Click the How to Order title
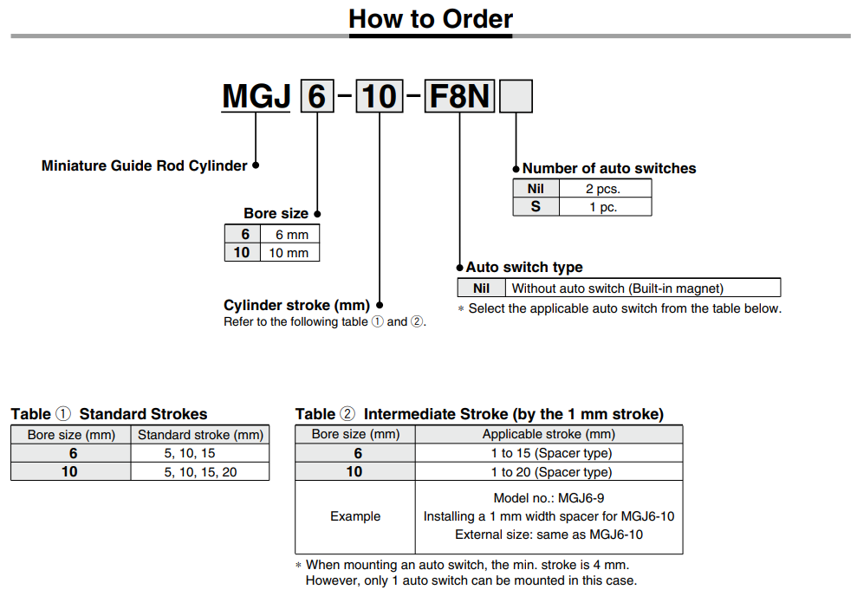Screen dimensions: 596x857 430,18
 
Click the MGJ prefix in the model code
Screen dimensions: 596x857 256,96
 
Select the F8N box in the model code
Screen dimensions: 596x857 459,96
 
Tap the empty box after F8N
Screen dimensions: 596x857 516,96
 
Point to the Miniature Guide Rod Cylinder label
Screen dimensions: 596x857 144,165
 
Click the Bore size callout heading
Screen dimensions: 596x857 276,213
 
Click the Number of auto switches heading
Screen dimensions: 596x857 608,168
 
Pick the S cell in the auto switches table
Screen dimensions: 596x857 536,207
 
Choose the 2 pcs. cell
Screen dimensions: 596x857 604,188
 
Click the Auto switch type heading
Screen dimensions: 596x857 523,267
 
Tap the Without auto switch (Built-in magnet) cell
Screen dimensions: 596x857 617,288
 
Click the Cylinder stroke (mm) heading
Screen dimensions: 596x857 296,305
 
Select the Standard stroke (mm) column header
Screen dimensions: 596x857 199,434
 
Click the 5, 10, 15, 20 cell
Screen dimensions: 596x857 199,471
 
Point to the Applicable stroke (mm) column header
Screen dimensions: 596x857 549,434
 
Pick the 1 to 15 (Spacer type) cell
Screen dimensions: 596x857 550,453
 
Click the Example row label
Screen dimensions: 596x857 355,516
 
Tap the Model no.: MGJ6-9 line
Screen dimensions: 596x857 549,498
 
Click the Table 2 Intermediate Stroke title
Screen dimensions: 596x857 479,414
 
